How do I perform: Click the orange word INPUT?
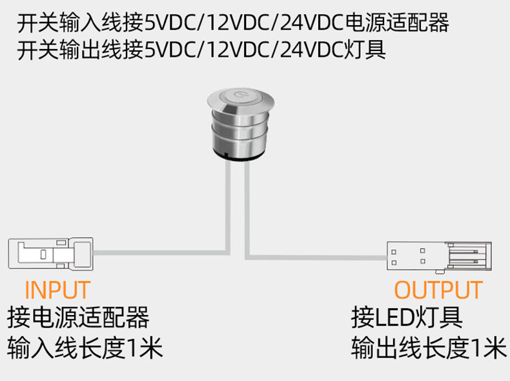click(57, 290)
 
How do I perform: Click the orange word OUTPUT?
click(438, 290)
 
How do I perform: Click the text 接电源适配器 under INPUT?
click(78, 318)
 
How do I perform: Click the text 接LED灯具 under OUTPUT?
click(407, 318)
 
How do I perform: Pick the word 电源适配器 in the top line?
click(397, 25)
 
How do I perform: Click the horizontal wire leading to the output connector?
click(316, 253)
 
